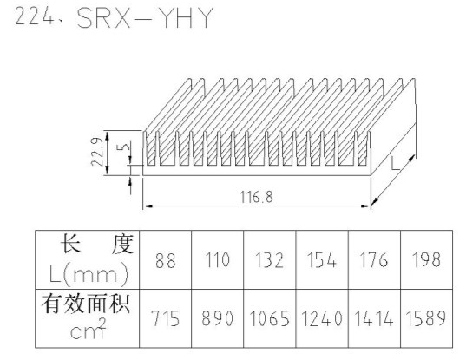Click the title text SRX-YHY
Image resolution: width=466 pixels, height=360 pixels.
pyautogui.click(x=145, y=18)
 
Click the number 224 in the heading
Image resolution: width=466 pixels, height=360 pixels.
pyautogui.click(x=34, y=16)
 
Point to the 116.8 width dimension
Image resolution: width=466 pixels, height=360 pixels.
pyautogui.click(x=257, y=197)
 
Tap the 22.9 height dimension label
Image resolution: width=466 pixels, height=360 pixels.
pyautogui.click(x=97, y=152)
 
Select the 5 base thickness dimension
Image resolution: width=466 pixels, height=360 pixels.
pyautogui.click(x=126, y=147)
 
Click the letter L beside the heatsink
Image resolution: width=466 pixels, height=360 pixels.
pyautogui.click(x=395, y=164)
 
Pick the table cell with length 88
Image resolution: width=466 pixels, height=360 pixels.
pyautogui.click(x=166, y=260)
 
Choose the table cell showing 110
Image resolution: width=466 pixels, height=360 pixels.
pyautogui.click(x=218, y=260)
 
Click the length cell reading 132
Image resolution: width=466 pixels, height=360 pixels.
pyautogui.click(x=270, y=260)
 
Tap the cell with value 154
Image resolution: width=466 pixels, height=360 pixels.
pyautogui.click(x=322, y=260)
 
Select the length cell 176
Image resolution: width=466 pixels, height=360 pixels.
pyautogui.click(x=374, y=260)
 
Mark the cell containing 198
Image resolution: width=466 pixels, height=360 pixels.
pyautogui.click(x=426, y=260)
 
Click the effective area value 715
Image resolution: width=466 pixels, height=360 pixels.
pyautogui.click(x=166, y=318)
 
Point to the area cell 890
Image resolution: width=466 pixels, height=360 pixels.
pyautogui.click(x=218, y=318)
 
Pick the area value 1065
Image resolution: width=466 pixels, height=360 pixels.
pyautogui.click(x=270, y=318)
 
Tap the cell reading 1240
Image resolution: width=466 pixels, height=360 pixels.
pyautogui.click(x=322, y=318)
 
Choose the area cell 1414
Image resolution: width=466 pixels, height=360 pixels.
pyautogui.click(x=374, y=318)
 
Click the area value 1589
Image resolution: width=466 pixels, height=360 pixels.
pyautogui.click(x=426, y=318)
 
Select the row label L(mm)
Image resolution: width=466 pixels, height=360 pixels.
pyautogui.click(x=89, y=275)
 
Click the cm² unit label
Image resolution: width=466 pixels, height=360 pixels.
pyautogui.click(x=88, y=329)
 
